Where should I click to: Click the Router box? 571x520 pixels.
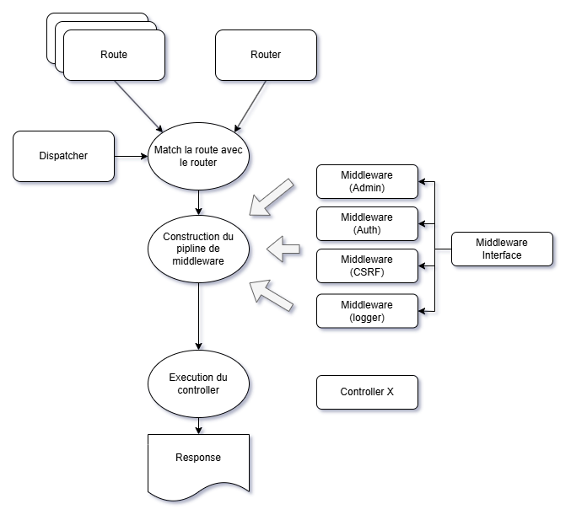coord(266,56)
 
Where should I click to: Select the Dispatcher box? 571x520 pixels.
coord(63,156)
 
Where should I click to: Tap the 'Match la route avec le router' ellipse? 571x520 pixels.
coord(198,156)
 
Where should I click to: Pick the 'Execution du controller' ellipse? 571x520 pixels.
coord(198,383)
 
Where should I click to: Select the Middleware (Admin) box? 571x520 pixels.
coord(367,181)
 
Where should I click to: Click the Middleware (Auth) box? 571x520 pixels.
coord(367,223)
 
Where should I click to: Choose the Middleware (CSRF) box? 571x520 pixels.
coord(367,265)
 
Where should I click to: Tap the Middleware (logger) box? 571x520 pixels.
coord(367,311)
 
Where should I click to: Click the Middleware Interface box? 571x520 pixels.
coord(502,249)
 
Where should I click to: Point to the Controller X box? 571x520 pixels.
coord(367,392)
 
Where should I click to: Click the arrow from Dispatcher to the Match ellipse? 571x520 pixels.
coord(131,156)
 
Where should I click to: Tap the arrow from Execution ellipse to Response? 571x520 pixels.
coord(198,425)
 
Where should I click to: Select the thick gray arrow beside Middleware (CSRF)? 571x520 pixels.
coord(284,248)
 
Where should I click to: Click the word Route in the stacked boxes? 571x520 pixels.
coord(114,55)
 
